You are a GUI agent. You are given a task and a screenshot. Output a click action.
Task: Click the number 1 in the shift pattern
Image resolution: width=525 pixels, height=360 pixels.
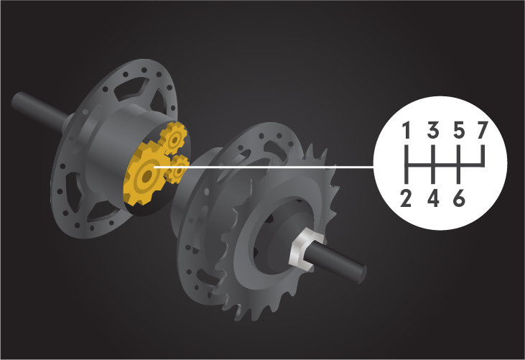[406, 130]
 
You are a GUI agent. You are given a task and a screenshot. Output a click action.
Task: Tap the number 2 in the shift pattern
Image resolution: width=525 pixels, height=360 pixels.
[406, 198]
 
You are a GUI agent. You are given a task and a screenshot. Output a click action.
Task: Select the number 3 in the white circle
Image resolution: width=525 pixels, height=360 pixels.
[433, 130]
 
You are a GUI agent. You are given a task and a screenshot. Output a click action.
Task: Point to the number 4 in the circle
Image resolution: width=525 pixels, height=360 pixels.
[433, 198]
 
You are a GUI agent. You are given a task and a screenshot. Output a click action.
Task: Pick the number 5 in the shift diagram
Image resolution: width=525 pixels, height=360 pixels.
[460, 130]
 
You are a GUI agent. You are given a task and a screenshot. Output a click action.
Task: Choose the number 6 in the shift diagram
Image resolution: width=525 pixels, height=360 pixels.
[460, 198]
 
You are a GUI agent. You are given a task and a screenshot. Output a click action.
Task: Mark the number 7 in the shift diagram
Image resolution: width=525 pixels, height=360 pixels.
[483, 130]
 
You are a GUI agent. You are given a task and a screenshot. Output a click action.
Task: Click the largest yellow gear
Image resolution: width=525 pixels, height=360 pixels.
[145, 175]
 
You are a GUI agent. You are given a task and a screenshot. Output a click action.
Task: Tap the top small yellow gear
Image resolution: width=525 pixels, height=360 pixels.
[173, 138]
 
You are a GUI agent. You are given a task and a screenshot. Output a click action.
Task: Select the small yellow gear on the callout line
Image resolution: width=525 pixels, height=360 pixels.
[178, 169]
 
